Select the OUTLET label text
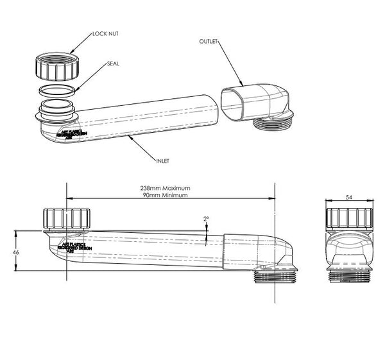(209, 41)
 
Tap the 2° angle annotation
(206, 219)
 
